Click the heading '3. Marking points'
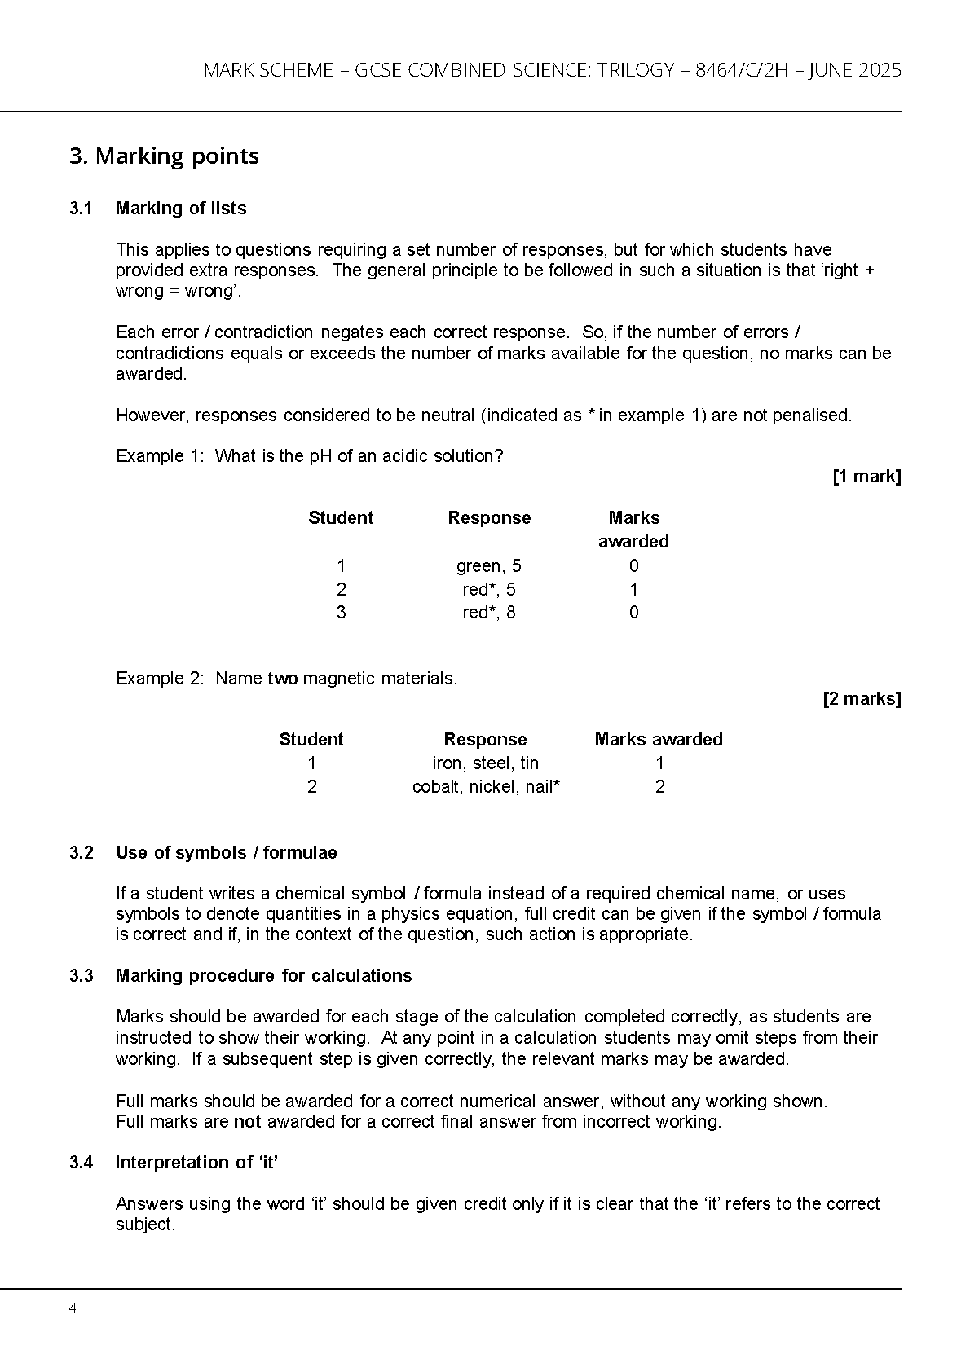click(x=164, y=156)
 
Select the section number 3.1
click(x=81, y=209)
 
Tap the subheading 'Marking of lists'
click(x=181, y=209)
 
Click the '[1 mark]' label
click(x=866, y=477)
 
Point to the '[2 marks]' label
click(x=862, y=699)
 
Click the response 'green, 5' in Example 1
click(x=488, y=566)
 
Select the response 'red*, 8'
click(x=488, y=613)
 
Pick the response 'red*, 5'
click(x=488, y=590)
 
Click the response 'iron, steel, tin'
click(x=485, y=763)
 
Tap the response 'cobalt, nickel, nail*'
click(x=486, y=787)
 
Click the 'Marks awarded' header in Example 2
click(x=659, y=740)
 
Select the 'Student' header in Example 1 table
click(x=341, y=518)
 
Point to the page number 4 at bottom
click(x=73, y=1308)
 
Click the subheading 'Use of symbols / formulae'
click(x=226, y=853)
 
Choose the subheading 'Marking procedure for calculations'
click(x=263, y=976)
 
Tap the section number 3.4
click(x=81, y=1163)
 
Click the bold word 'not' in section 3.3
click(x=247, y=1122)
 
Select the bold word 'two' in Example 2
click(x=282, y=679)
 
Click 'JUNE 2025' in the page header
click(x=858, y=70)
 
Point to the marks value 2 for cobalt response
click(x=659, y=787)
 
